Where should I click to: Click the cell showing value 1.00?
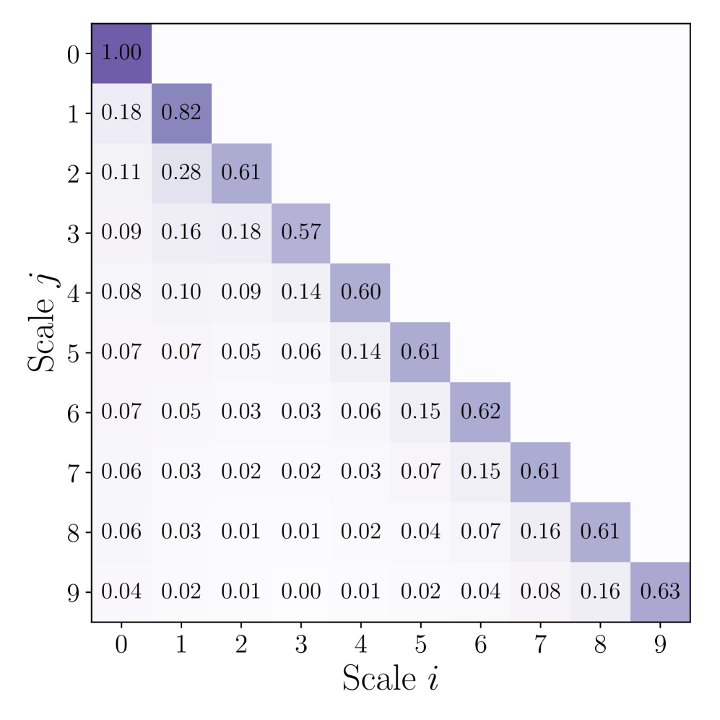tap(121, 53)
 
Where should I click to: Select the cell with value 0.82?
tap(181, 113)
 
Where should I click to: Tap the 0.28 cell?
tap(181, 173)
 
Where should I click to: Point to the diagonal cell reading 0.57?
tap(301, 233)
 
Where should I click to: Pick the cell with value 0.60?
tap(360, 292)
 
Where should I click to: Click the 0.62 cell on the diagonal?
tap(480, 412)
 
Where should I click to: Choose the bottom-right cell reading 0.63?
tap(660, 591)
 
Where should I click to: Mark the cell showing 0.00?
tap(301, 591)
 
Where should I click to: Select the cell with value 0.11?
tap(121, 173)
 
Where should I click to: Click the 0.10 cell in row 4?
tap(181, 292)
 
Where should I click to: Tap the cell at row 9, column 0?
tap(121, 591)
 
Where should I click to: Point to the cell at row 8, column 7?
tap(540, 532)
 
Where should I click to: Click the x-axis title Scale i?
tap(391, 678)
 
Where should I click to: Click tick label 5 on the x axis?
tap(420, 645)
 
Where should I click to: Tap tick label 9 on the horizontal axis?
tap(660, 645)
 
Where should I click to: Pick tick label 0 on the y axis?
tap(73, 54)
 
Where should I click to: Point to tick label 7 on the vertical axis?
tap(73, 472)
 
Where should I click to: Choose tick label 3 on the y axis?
tap(73, 233)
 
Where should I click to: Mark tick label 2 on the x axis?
tap(241, 645)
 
